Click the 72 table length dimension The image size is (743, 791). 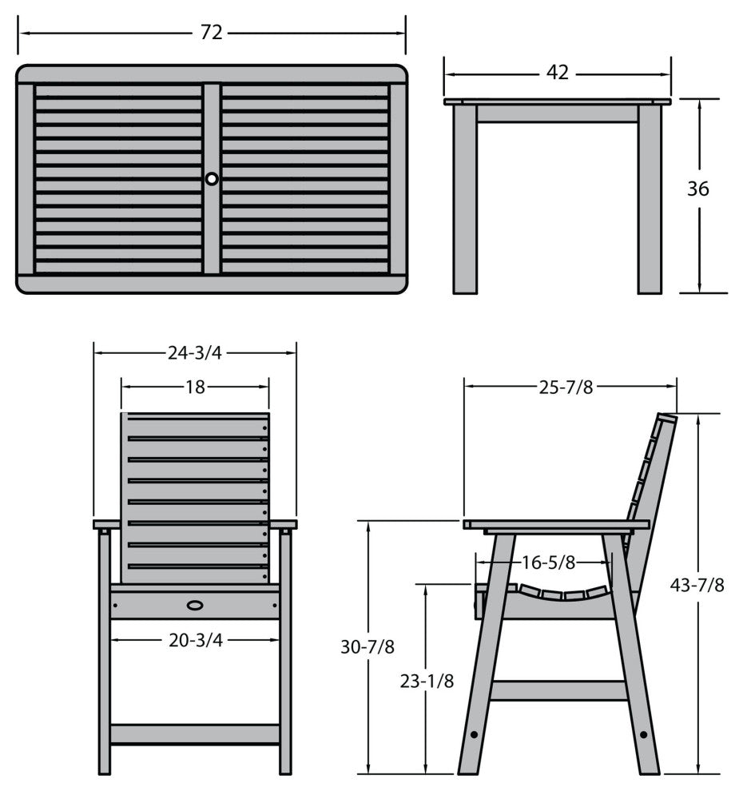212,33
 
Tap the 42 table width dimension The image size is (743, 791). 558,73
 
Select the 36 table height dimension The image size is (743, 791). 698,189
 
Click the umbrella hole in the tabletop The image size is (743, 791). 212,179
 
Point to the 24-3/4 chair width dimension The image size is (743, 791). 195,353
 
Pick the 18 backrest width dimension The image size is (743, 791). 195,387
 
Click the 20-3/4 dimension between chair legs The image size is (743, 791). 195,640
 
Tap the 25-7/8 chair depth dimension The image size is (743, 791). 566,387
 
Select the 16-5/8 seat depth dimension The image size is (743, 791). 548,562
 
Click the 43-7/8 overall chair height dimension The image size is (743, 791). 697,585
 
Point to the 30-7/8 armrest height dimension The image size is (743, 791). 368,646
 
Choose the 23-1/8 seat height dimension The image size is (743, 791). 427,681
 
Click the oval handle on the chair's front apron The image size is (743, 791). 195,605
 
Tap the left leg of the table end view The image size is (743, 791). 464,199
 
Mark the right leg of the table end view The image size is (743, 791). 650,199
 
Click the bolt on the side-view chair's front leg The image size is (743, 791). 474,734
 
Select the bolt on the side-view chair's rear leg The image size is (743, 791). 644,734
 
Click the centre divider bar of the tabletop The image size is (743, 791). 212,179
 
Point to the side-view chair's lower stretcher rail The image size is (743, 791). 558,690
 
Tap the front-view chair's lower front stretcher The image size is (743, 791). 195,734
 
